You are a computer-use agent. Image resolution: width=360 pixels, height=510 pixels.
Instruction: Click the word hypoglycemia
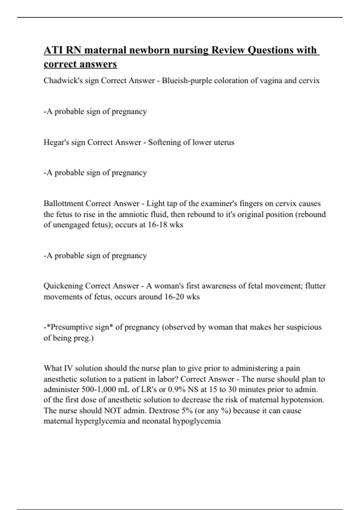click(196, 421)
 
